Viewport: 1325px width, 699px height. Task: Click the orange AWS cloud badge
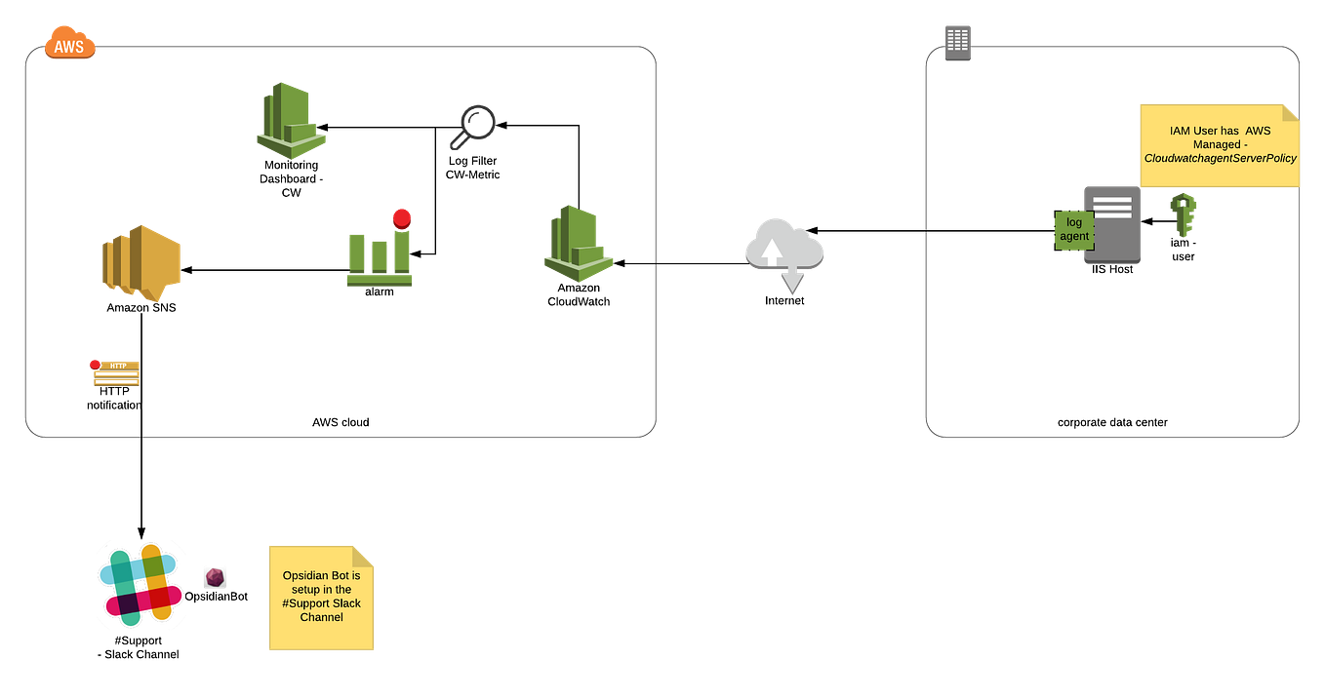click(x=70, y=45)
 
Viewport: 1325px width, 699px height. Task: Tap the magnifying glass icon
click(x=472, y=128)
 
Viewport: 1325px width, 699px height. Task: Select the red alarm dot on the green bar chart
click(x=402, y=217)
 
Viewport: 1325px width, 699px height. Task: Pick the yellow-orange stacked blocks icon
click(x=141, y=262)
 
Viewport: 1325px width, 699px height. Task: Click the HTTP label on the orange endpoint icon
click(x=118, y=366)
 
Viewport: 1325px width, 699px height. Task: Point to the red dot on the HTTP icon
click(x=95, y=364)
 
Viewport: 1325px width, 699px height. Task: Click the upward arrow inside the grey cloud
click(x=772, y=250)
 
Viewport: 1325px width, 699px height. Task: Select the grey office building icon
click(x=958, y=43)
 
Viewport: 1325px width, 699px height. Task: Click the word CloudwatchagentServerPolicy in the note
click(x=1220, y=158)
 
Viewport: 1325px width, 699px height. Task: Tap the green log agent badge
click(x=1073, y=230)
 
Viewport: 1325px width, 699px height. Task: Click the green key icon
click(x=1183, y=214)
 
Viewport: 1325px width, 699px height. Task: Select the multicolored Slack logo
click(x=139, y=584)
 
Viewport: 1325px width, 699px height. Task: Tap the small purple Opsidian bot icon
click(x=215, y=577)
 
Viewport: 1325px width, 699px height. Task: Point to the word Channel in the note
click(x=321, y=617)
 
